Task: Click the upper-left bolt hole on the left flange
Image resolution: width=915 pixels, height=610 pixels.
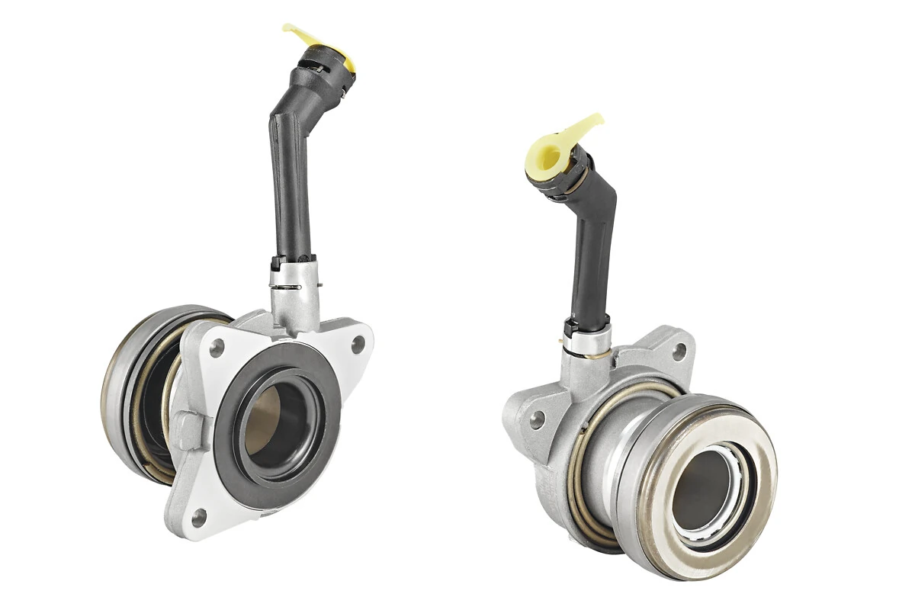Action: pos(217,348)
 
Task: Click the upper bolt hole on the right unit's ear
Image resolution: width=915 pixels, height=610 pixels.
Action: pos(678,351)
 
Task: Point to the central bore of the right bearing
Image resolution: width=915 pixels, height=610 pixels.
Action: pos(700,488)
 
